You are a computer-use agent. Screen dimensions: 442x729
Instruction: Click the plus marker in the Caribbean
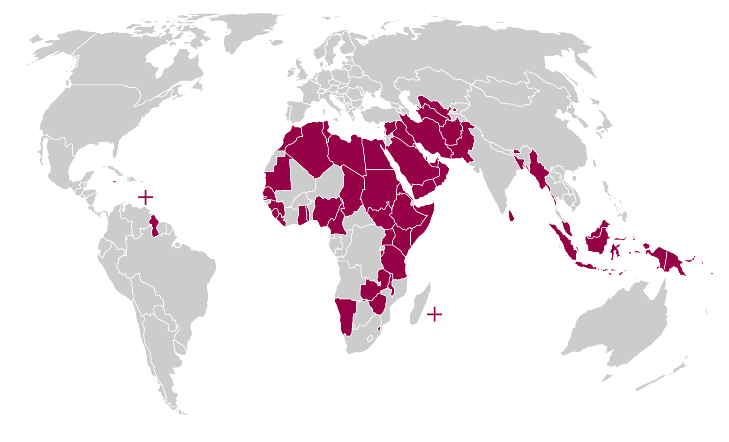145,197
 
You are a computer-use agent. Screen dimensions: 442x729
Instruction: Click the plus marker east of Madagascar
435,314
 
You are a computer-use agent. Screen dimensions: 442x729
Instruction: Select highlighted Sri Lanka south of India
511,216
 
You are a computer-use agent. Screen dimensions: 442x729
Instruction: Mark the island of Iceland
277,43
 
